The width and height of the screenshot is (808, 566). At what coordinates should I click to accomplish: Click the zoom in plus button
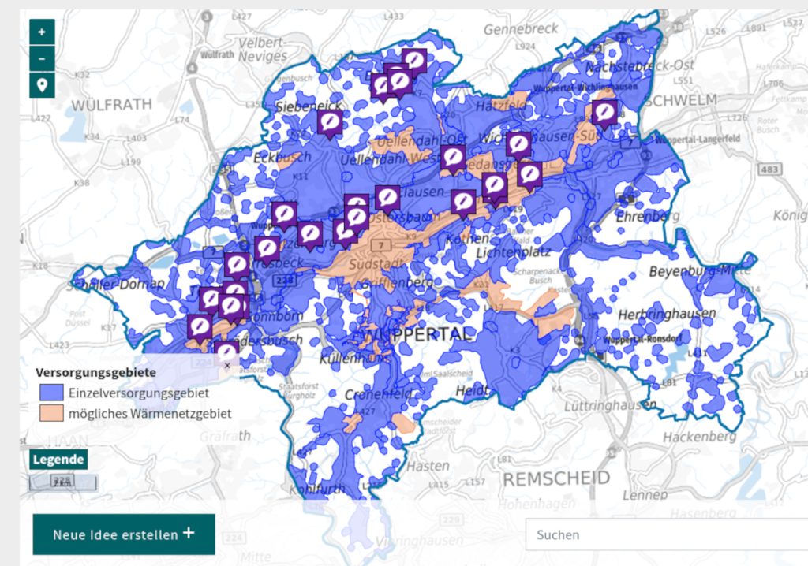coord(42,33)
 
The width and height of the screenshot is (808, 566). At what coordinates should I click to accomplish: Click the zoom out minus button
coord(42,58)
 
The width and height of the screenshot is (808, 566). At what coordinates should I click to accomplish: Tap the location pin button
coord(42,84)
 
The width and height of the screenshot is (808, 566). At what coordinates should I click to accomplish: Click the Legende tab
coord(58,459)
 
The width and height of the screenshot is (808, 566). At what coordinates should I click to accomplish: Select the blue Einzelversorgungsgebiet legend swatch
coord(51,392)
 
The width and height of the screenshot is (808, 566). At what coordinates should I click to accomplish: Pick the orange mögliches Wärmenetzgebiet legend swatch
coord(51,412)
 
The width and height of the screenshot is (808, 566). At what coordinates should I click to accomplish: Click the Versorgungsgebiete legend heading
coord(95,371)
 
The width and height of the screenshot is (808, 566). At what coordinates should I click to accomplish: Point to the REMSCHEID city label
coord(556,478)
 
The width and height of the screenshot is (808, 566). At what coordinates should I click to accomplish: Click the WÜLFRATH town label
coord(110,105)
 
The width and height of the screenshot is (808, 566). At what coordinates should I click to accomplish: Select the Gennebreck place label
coord(520,29)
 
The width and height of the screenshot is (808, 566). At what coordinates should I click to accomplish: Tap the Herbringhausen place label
coord(667,314)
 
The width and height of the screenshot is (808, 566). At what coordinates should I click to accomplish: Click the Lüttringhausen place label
coord(610,406)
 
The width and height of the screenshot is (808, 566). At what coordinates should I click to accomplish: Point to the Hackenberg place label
coord(699,436)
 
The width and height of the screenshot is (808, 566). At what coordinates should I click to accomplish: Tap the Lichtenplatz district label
coord(513,252)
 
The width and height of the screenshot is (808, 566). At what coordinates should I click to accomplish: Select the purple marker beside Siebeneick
coord(330,122)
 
